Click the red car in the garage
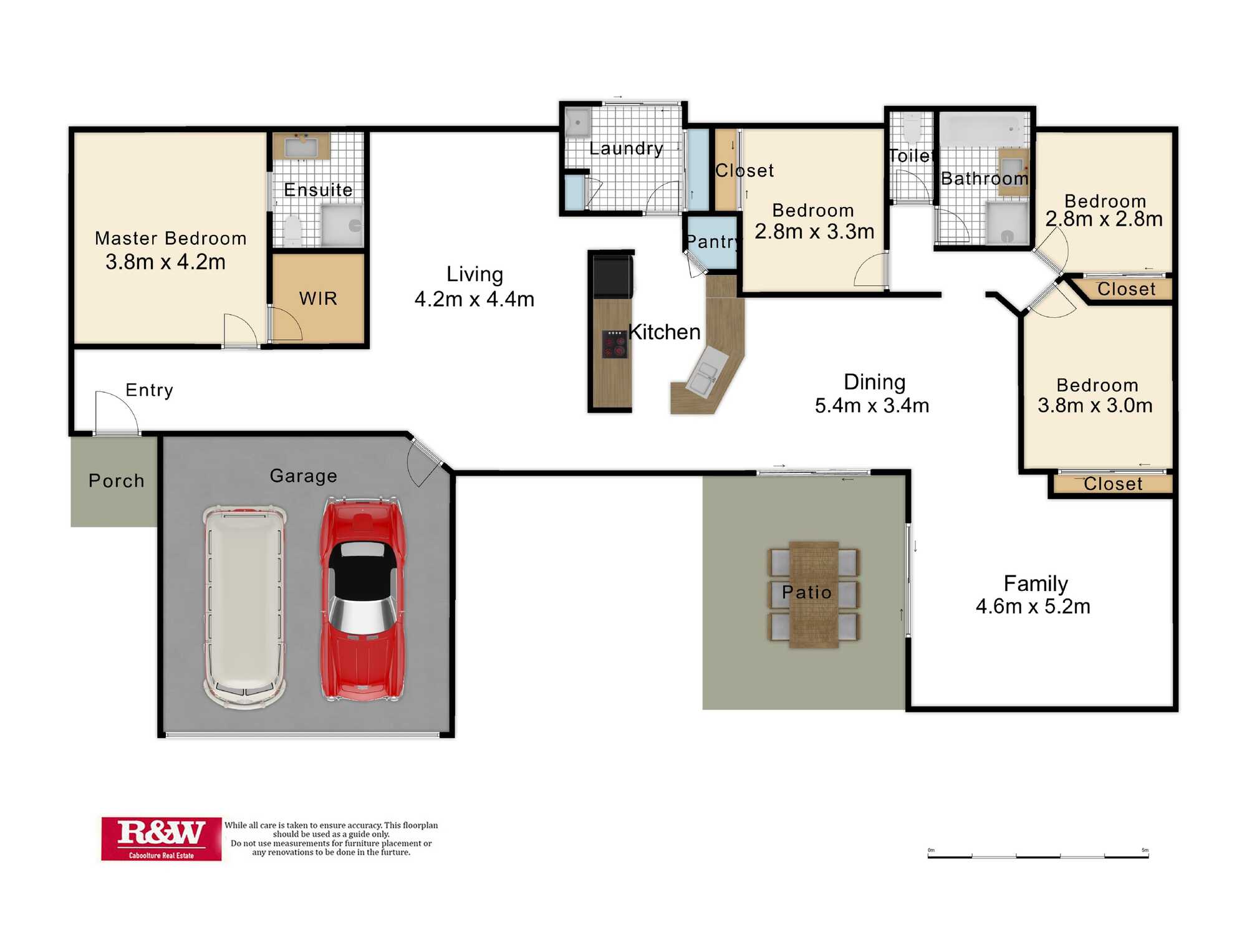coord(362,600)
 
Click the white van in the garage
coord(245,607)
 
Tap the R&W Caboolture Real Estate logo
coord(161,839)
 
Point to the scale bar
coord(1038,855)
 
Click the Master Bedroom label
coord(171,239)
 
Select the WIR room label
coord(318,299)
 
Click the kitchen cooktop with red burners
coord(614,344)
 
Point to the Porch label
coord(117,481)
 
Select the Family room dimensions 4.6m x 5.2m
coord(1033,607)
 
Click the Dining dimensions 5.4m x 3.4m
coord(872,406)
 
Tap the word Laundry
coord(626,148)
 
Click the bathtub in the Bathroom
coord(985,130)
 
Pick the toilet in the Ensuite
coord(292,231)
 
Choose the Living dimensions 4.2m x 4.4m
coord(474,299)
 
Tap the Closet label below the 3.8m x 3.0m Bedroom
coord(1113,484)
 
